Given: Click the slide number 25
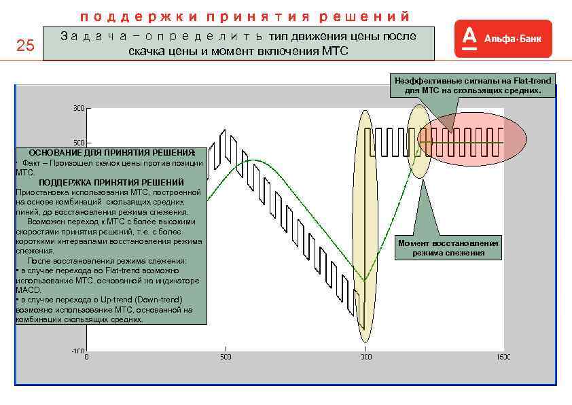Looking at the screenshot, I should [25, 46].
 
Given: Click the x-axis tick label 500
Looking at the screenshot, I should [226, 356].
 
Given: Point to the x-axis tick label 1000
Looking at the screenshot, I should [364, 356].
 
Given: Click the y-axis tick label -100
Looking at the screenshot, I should [78, 351].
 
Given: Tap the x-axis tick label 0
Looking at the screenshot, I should [86, 356].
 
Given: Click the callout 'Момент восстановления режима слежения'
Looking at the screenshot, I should [448, 248].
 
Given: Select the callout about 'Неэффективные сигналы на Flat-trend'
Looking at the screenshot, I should [472, 86].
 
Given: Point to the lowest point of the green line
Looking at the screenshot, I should [364, 280].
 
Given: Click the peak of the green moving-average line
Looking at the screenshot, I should [252, 160].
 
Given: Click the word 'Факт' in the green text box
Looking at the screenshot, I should [32, 163].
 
